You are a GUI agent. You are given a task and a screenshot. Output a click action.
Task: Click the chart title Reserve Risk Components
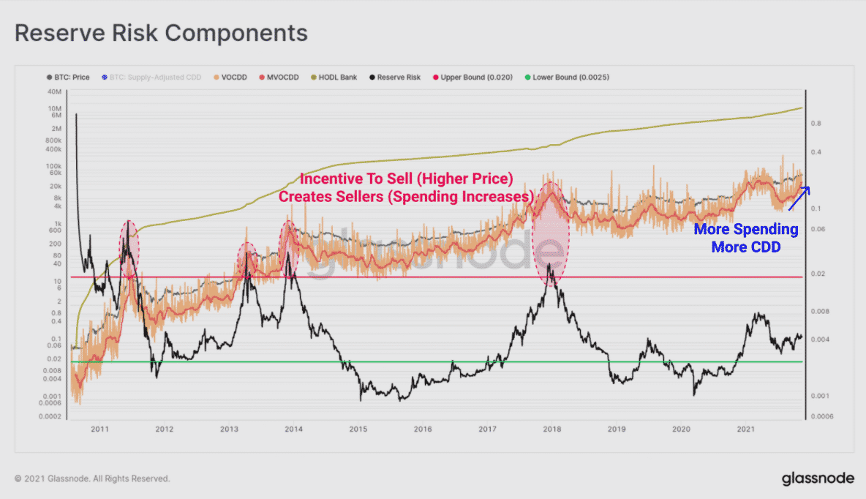161,33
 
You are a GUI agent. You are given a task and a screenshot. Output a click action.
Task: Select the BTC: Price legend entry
67,77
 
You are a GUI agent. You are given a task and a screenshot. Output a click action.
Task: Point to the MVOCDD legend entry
276,77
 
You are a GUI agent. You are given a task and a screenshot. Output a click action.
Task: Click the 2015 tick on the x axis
358,429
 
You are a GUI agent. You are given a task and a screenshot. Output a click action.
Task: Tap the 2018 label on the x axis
552,429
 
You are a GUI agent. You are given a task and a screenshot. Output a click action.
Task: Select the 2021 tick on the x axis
746,429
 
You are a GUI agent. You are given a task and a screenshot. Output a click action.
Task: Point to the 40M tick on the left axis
53,91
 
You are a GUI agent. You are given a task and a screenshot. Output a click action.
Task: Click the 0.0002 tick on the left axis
48,416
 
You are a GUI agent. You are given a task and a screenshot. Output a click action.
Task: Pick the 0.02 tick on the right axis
818,274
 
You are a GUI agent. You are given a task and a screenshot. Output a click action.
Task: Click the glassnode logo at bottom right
817,479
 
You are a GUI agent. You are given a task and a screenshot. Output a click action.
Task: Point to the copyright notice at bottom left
92,479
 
